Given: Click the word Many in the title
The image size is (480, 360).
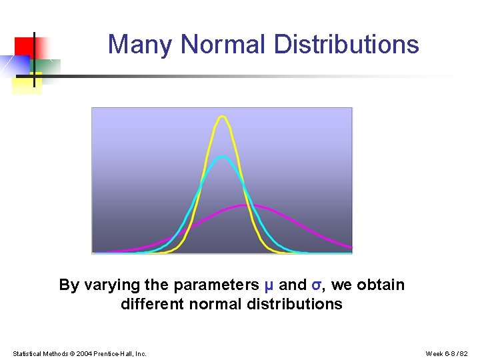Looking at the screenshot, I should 141,45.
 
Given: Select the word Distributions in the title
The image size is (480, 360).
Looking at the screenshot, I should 347,45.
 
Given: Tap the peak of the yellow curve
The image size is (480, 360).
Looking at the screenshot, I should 223,117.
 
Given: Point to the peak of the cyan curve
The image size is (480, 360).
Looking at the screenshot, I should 223,157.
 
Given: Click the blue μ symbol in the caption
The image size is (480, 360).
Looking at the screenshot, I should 269,285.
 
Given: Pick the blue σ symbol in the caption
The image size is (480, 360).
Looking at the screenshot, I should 316,285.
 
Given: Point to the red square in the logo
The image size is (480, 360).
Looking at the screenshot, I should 24,47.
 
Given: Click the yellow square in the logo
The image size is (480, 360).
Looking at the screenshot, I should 27,85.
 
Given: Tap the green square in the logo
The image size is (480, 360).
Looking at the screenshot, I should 48,67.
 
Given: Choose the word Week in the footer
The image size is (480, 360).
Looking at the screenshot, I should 434,353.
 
